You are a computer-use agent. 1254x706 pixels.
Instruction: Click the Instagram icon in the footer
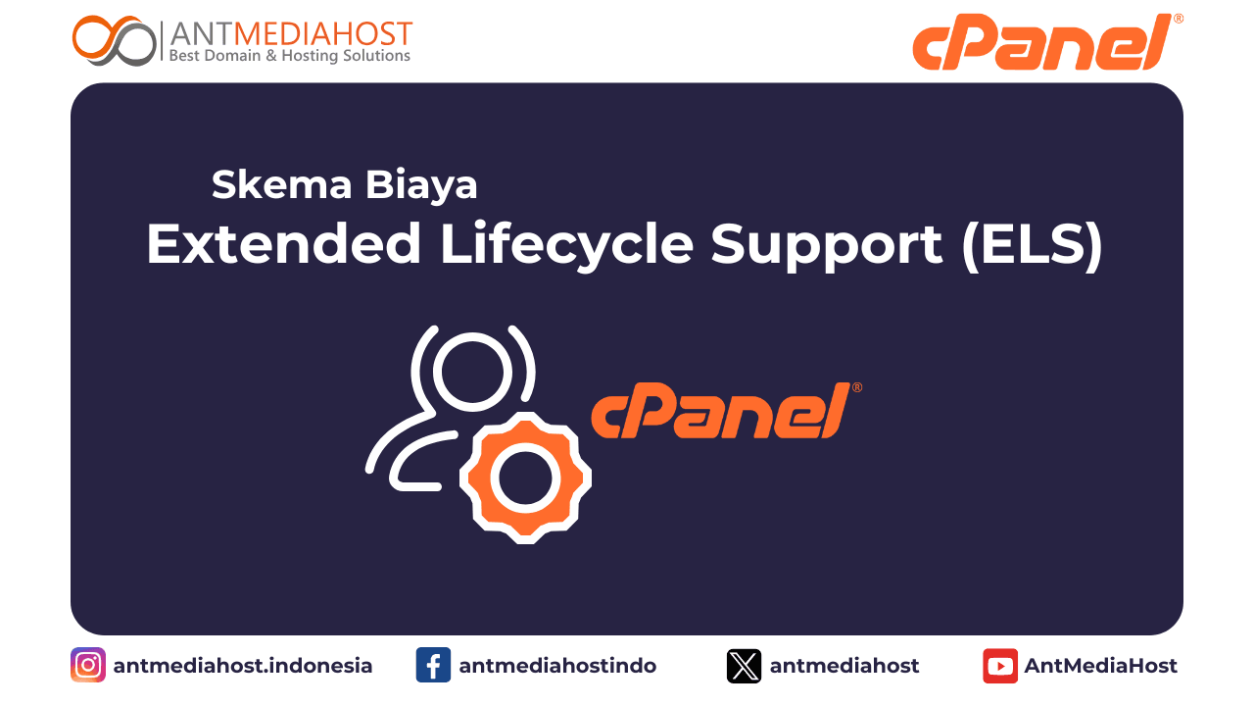[x=88, y=666]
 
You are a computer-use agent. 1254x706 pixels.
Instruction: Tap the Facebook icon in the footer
[x=433, y=666]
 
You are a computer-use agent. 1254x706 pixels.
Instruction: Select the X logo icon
[x=744, y=666]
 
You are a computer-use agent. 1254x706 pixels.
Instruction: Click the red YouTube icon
[x=1000, y=666]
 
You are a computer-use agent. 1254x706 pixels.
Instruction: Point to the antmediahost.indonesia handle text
[x=243, y=666]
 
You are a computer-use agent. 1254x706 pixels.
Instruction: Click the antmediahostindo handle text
[x=557, y=666]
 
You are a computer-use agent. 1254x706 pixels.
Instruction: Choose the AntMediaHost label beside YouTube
[x=1101, y=666]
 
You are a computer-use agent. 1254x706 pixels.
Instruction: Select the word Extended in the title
[x=284, y=244]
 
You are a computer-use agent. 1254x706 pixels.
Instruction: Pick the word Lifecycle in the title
[x=567, y=244]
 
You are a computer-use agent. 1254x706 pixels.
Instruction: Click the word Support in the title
[x=827, y=244]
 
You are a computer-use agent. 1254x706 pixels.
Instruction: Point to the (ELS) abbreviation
[x=1032, y=244]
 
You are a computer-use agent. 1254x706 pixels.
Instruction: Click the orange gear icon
[x=525, y=478]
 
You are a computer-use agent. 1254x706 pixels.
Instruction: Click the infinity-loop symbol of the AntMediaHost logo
[x=114, y=41]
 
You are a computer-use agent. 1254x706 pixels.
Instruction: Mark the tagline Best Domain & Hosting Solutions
[x=290, y=57]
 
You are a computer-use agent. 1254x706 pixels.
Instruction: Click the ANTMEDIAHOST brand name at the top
[x=291, y=33]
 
